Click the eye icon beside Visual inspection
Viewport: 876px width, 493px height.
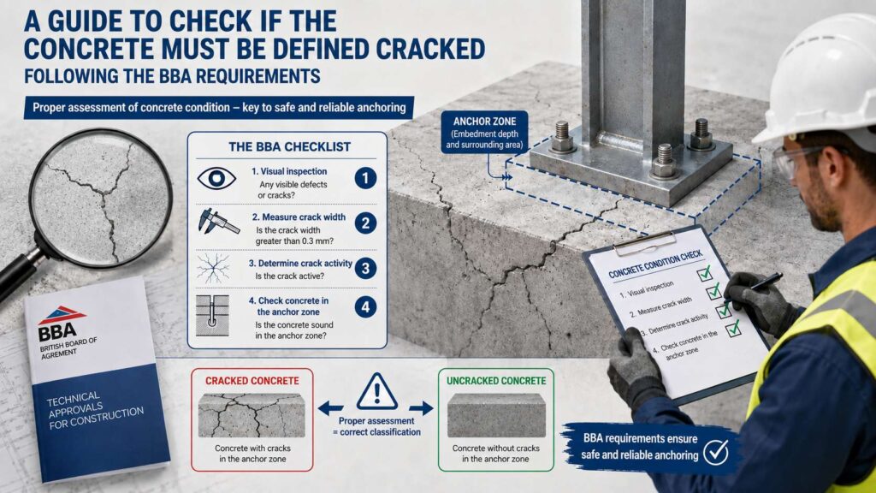coord(216,178)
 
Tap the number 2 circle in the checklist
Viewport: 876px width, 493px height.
coord(365,223)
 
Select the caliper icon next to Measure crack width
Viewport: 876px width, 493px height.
coord(218,222)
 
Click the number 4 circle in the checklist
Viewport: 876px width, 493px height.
coord(365,307)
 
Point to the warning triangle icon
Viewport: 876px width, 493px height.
coord(377,392)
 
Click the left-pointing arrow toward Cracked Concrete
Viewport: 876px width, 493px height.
coord(331,408)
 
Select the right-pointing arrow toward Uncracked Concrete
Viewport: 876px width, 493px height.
coord(421,408)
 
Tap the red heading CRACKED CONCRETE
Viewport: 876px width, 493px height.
coord(252,381)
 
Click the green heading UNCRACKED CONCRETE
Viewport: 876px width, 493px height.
coord(496,381)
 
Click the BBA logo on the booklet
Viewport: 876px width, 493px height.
coord(60,324)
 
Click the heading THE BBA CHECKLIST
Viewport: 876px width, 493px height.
coord(289,147)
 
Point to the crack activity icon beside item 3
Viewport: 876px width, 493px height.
coord(213,268)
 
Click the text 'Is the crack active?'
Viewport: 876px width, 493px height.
coord(289,276)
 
